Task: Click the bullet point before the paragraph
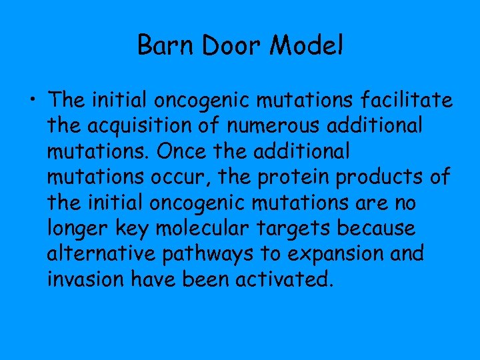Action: click(x=33, y=101)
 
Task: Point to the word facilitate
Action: click(x=411, y=101)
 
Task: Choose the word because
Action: click(x=377, y=228)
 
